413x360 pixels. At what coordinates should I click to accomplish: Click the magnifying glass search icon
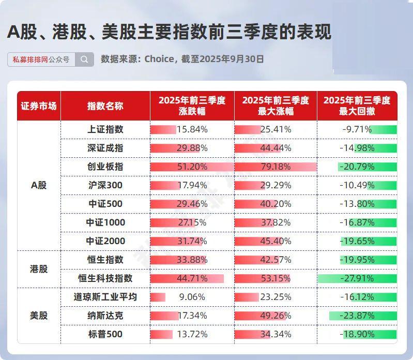click(84, 59)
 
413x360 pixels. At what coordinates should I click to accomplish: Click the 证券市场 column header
click(39, 106)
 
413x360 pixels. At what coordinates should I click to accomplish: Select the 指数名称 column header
click(105, 106)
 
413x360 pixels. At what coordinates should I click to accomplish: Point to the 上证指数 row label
click(105, 129)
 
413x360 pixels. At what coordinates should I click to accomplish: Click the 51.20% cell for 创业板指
click(192, 167)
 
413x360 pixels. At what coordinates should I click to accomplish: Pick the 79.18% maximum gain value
click(276, 167)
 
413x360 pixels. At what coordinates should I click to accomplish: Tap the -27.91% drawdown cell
click(357, 278)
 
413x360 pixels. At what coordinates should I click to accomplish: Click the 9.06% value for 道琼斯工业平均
click(192, 297)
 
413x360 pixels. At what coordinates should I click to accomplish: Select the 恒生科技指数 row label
click(105, 278)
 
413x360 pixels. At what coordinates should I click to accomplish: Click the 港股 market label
click(39, 269)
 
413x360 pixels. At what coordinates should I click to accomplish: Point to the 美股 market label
click(39, 316)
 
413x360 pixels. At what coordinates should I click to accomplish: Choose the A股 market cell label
click(39, 185)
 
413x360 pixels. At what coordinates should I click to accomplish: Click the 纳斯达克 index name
click(105, 316)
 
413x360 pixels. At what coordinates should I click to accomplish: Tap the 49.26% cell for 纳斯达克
click(276, 316)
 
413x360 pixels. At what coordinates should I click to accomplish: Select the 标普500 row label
click(105, 334)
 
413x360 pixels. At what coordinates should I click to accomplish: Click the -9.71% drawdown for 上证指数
click(357, 129)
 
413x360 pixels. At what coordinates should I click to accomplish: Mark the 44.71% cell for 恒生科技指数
click(192, 278)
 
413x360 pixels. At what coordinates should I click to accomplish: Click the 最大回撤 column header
click(357, 106)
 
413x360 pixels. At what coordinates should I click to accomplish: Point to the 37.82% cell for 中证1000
click(276, 222)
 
